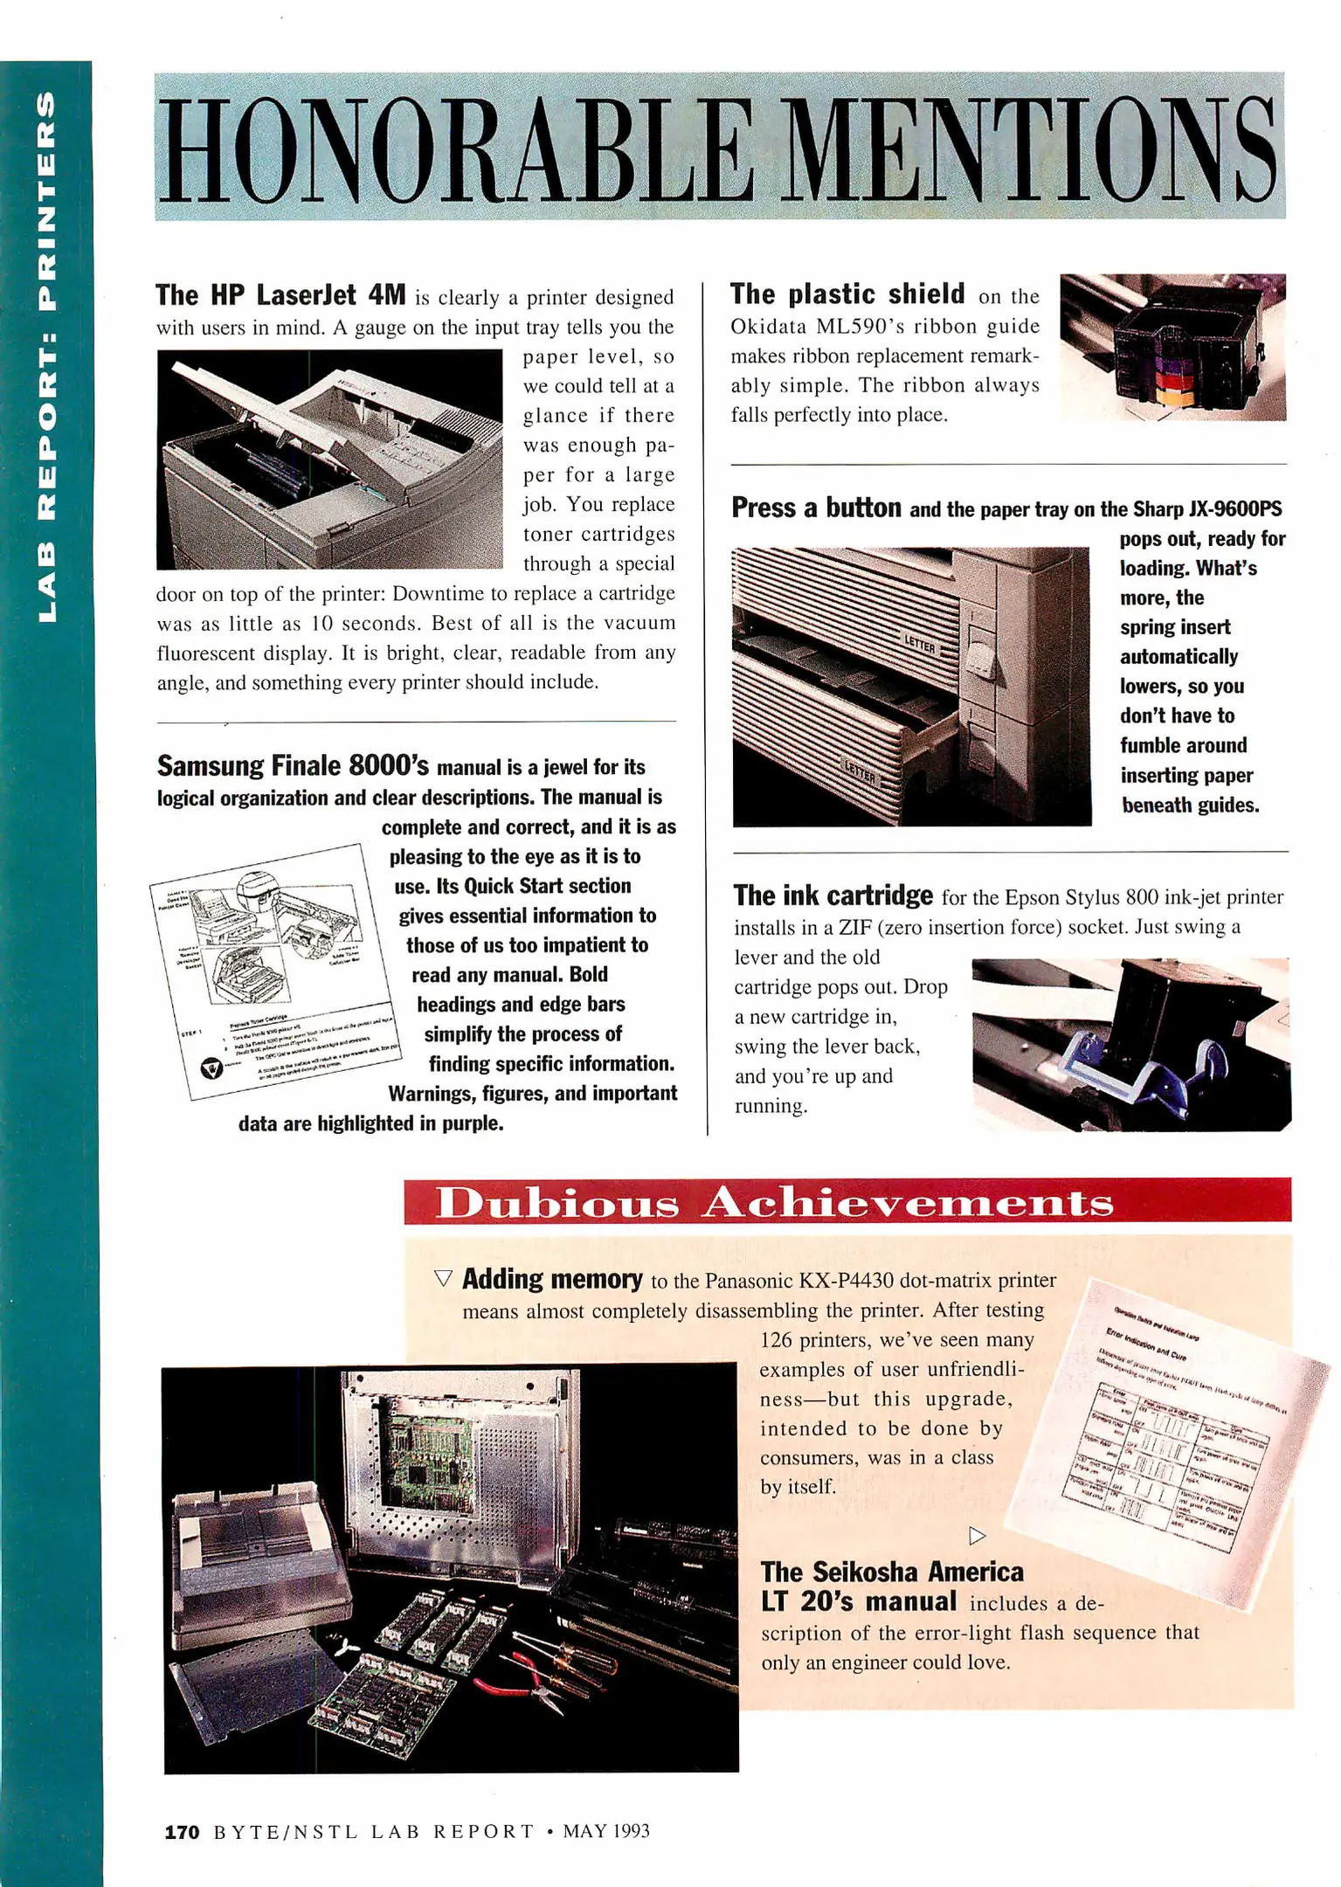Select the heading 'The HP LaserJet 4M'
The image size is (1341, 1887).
pyautogui.click(x=280, y=295)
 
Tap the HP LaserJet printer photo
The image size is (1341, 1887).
pyautogui.click(x=329, y=460)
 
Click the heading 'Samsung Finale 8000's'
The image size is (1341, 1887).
pyautogui.click(x=293, y=766)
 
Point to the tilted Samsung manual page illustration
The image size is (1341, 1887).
pyautogui.click(x=275, y=970)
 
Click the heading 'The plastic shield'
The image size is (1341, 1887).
pyautogui.click(x=847, y=294)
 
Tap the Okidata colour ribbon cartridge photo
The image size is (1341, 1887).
pyautogui.click(x=1172, y=348)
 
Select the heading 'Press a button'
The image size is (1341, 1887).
pyautogui.click(x=816, y=508)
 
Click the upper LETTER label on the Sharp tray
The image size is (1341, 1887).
pyautogui.click(x=920, y=645)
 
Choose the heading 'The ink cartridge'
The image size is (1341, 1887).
pyautogui.click(x=833, y=895)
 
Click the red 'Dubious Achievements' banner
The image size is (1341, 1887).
pyautogui.click(x=847, y=1200)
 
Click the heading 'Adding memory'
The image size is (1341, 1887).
pyautogui.click(x=551, y=1279)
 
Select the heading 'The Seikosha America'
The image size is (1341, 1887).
pyautogui.click(x=891, y=1572)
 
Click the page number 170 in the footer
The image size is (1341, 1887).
pyautogui.click(x=182, y=1832)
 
